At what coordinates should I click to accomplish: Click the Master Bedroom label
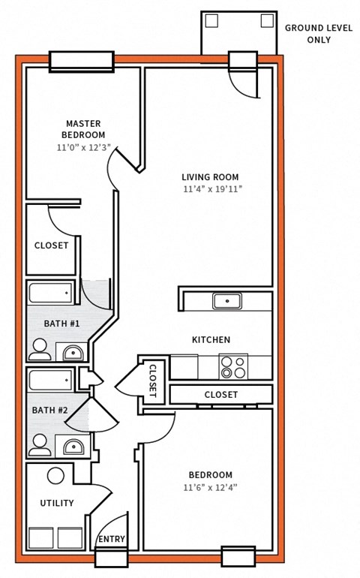[83, 128]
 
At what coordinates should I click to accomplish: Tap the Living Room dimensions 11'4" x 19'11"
[212, 189]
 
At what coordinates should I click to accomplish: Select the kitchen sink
[226, 301]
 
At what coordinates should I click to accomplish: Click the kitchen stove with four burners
[232, 367]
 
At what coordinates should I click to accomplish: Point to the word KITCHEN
[211, 340]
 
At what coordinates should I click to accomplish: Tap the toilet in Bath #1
[39, 348]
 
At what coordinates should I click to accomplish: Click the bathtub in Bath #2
[51, 380]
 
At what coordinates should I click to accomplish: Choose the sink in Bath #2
[73, 447]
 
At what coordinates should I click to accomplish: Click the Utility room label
[57, 503]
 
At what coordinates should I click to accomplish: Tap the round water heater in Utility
[55, 476]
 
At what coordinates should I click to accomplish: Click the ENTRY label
[112, 539]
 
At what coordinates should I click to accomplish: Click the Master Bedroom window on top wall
[81, 62]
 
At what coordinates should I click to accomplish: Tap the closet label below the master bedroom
[51, 245]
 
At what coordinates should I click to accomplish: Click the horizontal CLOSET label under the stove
[220, 394]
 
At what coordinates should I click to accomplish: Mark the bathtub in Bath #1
[51, 291]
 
